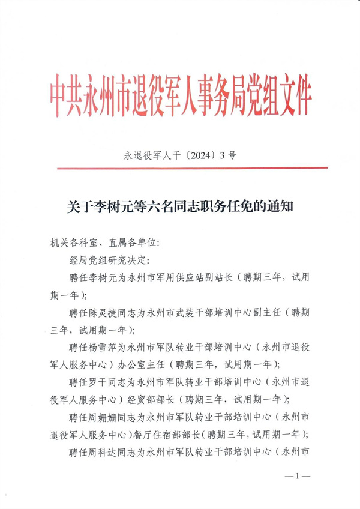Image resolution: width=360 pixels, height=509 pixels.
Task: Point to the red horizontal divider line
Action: [x=180, y=169]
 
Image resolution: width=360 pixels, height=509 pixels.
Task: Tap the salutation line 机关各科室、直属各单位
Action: [x=103, y=242]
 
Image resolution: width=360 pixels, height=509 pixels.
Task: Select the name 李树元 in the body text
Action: [x=103, y=277]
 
